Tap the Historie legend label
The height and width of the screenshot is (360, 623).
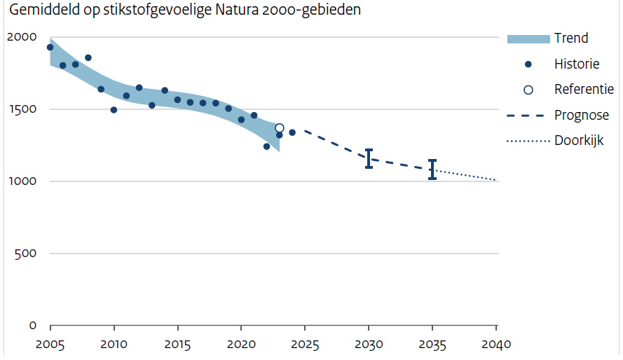577,64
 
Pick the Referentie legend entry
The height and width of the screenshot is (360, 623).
584,90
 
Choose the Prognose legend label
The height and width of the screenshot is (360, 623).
582,115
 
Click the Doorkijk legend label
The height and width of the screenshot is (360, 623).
579,141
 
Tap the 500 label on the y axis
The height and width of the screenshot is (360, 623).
26,254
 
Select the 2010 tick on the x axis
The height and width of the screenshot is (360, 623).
114,345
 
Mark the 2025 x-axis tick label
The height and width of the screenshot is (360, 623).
305,345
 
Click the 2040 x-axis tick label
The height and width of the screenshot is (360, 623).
496,345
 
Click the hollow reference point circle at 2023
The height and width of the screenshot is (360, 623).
280,128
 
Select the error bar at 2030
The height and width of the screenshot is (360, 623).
369,158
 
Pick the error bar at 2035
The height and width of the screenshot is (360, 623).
432,169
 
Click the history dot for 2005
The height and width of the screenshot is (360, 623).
50,48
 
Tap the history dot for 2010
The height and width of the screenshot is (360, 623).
114,110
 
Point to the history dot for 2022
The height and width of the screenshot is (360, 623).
266,146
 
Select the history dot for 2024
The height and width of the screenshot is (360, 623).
292,132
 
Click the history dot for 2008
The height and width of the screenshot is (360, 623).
88,57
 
